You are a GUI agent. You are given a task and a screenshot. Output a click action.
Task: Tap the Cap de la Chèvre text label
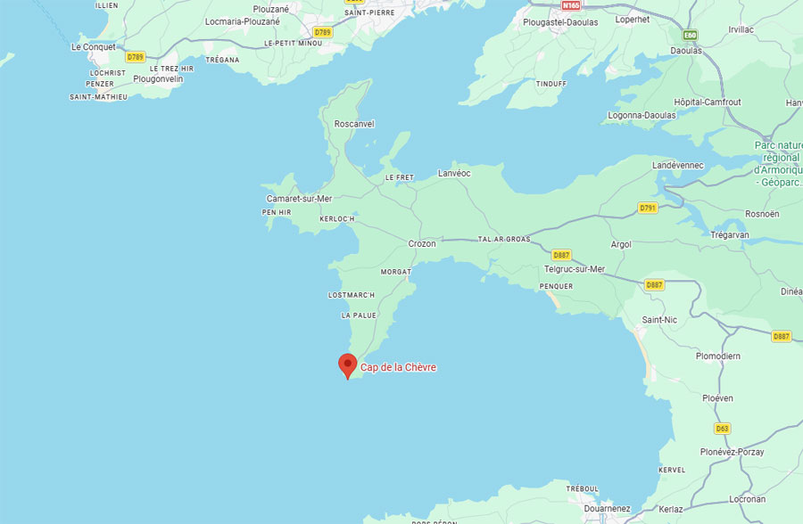pos(398,367)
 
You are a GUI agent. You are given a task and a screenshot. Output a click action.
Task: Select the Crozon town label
pos(422,243)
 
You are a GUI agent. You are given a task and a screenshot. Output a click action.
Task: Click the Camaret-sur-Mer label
pos(299,199)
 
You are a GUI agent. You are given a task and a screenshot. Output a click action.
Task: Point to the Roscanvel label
pos(353,124)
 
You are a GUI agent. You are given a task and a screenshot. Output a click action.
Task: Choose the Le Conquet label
pos(93,47)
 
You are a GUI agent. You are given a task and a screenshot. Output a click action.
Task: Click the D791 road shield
pos(648,208)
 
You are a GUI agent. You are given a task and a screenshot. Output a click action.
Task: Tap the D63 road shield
pos(722,428)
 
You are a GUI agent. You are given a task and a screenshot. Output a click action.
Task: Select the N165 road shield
pos(570,5)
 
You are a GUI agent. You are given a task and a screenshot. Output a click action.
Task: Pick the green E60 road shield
pos(690,35)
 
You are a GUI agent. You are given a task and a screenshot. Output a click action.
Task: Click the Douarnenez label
pos(607,508)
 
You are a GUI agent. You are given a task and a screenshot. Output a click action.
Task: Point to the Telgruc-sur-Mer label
pos(574,269)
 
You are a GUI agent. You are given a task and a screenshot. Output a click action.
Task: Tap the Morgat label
pos(395,271)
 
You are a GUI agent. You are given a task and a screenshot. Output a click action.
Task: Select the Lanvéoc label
pos(454,174)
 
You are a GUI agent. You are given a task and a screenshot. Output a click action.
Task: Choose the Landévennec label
pos(678,166)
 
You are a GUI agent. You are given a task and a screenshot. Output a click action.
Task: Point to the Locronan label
pos(746,499)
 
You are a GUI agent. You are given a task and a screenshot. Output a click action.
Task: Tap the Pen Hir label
pos(276,212)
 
